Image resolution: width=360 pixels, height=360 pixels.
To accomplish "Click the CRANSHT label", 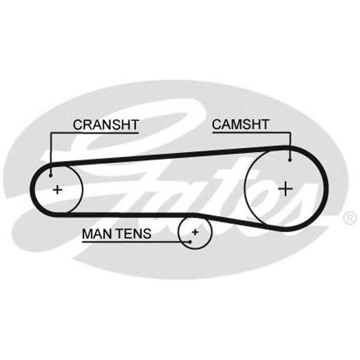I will click(106, 125).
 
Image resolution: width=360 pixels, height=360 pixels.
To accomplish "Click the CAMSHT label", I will click(241, 125).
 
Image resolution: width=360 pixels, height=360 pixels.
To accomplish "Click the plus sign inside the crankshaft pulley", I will click(58, 190).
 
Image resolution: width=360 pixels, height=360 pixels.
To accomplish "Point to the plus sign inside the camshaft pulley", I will click(285, 188).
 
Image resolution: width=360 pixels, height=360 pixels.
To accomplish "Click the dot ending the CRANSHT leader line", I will click(51, 175).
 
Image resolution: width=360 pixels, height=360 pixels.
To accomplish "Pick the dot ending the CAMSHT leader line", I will click(290, 159).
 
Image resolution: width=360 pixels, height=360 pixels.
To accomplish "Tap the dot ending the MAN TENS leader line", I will click(188, 241).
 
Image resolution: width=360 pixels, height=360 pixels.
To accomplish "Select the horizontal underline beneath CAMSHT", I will click(252, 133).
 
